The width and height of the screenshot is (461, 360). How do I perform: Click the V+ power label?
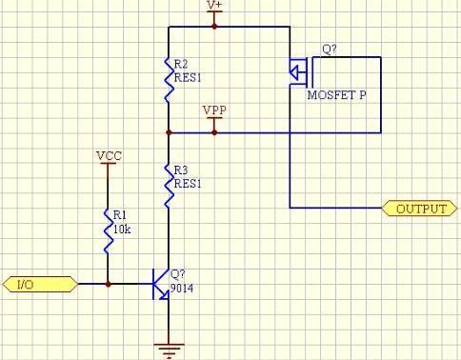(214, 6)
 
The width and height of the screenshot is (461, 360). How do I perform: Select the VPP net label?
(214, 111)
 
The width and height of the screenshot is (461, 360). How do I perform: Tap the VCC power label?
(108, 153)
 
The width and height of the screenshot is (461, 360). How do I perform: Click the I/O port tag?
(39, 284)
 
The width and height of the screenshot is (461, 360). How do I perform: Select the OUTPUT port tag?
(419, 208)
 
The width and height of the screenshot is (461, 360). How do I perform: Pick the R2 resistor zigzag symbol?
(168, 82)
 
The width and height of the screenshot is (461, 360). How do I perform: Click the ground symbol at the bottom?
(168, 349)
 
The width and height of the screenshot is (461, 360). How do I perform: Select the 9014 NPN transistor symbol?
(162, 284)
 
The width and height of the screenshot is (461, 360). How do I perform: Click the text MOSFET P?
(336, 96)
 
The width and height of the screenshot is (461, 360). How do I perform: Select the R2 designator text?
(181, 63)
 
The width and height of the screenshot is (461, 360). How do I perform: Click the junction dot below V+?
(214, 27)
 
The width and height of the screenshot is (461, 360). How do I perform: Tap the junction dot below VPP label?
(214, 132)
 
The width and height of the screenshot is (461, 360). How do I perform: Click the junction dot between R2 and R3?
(168, 132)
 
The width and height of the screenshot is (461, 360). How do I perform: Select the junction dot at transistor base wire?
(108, 284)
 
